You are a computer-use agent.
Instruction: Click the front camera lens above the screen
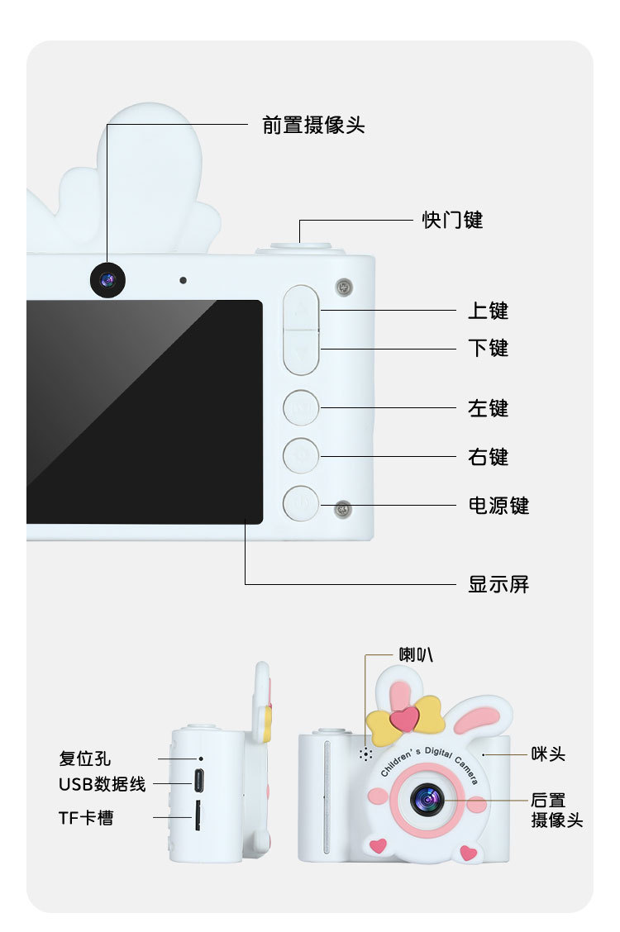coord(107,280)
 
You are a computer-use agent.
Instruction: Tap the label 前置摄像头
coord(313,125)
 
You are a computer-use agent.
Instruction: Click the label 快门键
coord(452,220)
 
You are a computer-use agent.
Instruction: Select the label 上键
coord(488,311)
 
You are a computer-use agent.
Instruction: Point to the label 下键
coord(488,348)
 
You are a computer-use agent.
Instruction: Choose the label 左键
coord(488,408)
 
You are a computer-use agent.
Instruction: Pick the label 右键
coord(488,457)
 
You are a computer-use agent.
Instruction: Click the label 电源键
coord(498,505)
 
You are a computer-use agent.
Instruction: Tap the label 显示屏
coord(498,584)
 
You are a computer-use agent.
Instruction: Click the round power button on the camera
coord(301,503)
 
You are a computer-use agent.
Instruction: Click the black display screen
coord(145,411)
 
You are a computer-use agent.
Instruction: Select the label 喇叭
coord(416,654)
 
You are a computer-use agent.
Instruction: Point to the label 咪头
coord(548,754)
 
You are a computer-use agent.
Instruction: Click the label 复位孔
coord(84,758)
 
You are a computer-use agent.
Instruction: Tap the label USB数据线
coord(102,784)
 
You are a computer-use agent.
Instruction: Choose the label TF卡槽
coord(86,818)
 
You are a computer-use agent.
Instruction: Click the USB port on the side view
coord(199,780)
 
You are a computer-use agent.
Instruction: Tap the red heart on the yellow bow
coord(404,718)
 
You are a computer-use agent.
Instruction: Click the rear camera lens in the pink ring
coord(427,798)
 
